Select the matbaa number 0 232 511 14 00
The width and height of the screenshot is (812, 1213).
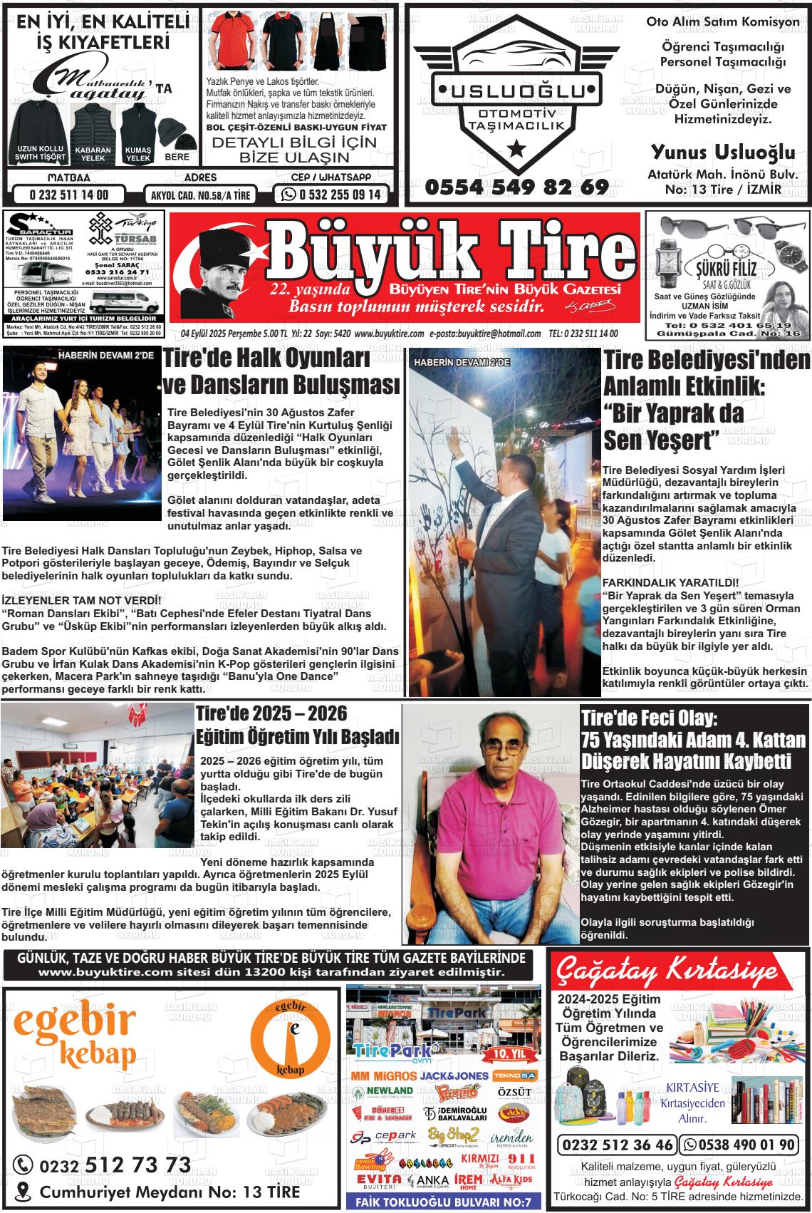[68, 195]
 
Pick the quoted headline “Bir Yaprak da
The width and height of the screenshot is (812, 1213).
[674, 413]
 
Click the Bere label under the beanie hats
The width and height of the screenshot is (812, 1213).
[177, 157]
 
